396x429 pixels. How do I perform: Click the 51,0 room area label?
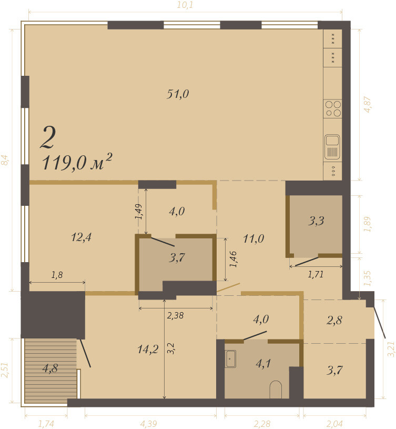tap(178, 94)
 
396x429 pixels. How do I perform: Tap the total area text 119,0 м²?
tap(77, 163)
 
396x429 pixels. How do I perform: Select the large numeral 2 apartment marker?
tap(48, 138)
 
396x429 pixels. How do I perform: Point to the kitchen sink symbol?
tap(332, 147)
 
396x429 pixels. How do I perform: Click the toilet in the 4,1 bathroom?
tap(276, 390)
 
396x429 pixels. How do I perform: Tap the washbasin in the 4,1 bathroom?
tap(231, 358)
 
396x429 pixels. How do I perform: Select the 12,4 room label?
tap(81, 237)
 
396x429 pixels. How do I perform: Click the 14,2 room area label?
tap(148, 349)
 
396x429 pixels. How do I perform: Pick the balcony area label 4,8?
tap(50, 368)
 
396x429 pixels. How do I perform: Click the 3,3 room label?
tap(316, 221)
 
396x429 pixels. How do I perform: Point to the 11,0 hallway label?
tap(253, 239)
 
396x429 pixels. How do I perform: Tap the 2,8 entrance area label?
tap(334, 320)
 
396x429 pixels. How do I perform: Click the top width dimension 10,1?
tap(185, 5)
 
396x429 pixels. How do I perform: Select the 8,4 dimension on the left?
tap(5, 160)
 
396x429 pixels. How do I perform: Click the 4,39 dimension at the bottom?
tap(148, 424)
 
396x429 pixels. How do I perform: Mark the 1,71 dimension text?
tap(316, 274)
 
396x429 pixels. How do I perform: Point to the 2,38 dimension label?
tap(175, 316)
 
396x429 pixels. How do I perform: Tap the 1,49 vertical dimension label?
tap(138, 212)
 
